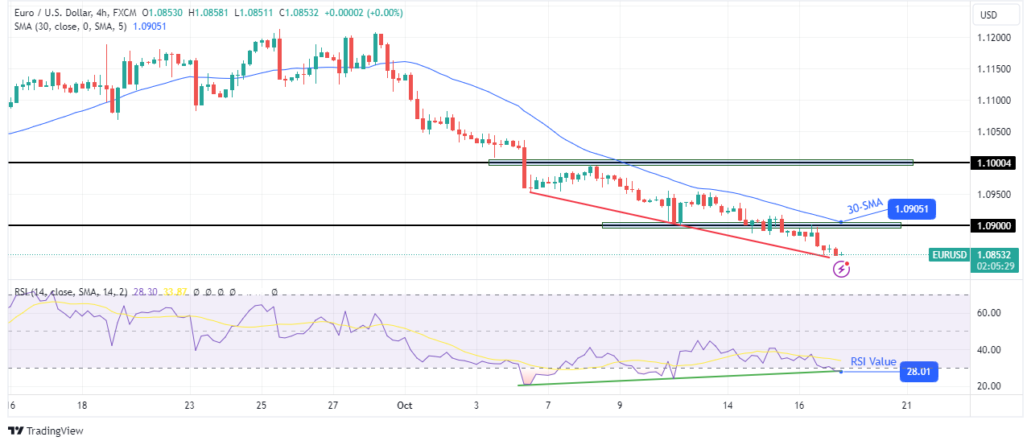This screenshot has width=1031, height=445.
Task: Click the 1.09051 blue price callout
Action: point(911,210)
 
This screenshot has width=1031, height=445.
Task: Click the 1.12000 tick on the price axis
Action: point(996,38)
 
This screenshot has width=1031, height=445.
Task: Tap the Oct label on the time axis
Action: point(403,406)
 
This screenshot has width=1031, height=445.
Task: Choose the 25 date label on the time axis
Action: point(261,406)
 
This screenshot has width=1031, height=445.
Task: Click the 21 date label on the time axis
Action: point(906,406)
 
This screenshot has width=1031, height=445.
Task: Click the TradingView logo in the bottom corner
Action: point(45,431)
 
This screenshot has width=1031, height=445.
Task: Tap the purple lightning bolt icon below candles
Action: point(841,270)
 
